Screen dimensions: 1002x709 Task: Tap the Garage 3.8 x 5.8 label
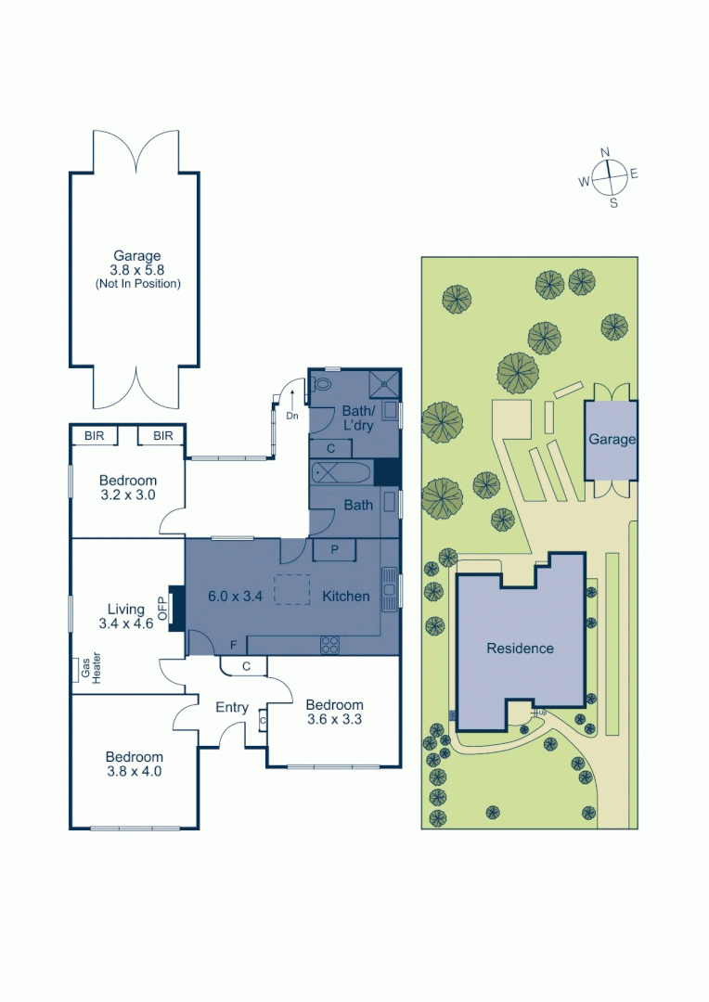pos(137,269)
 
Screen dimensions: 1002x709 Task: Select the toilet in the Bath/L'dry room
pos(322,383)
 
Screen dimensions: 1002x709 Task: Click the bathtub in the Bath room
pos(341,473)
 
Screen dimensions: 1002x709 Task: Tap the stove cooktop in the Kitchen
pos(331,642)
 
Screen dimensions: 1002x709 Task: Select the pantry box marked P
pos(333,550)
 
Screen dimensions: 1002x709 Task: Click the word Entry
pos(232,708)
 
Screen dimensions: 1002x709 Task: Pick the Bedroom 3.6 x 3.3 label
pos(334,712)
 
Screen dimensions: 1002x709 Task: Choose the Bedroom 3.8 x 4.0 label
pos(134,764)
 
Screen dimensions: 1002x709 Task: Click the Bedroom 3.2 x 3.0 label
pos(128,488)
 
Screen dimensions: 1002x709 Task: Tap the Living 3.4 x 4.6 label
pos(126,617)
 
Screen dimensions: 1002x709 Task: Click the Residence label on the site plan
pos(520,649)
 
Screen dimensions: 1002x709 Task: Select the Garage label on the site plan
pos(612,440)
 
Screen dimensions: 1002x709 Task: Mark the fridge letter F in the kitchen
pos(234,644)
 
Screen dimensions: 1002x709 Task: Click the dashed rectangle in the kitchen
pos(291,590)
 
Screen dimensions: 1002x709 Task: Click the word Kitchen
pos(346,597)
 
